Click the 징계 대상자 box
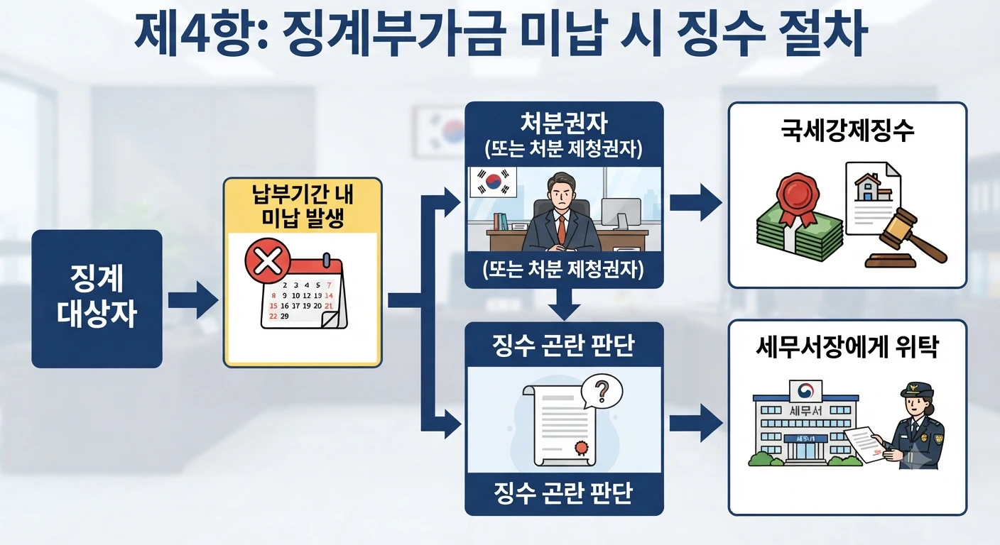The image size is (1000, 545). pyautogui.click(x=97, y=299)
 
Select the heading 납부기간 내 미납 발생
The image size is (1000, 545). pyautogui.click(x=303, y=206)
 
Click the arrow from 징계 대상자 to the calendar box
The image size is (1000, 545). pyautogui.click(x=193, y=299)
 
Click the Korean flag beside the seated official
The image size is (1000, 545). pyautogui.click(x=494, y=182)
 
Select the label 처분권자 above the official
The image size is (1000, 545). pyautogui.click(x=564, y=123)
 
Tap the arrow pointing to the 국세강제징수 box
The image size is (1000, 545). pyautogui.click(x=696, y=202)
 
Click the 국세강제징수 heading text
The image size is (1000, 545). pyautogui.click(x=847, y=131)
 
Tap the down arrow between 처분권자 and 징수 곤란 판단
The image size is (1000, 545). pyautogui.click(x=565, y=304)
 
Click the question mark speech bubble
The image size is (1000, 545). pyautogui.click(x=602, y=391)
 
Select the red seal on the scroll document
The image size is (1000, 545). pyautogui.click(x=581, y=448)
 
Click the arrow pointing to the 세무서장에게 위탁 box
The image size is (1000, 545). pyautogui.click(x=696, y=423)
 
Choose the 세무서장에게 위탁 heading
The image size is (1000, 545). pyautogui.click(x=847, y=347)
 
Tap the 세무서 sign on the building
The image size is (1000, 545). pyautogui.click(x=805, y=410)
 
